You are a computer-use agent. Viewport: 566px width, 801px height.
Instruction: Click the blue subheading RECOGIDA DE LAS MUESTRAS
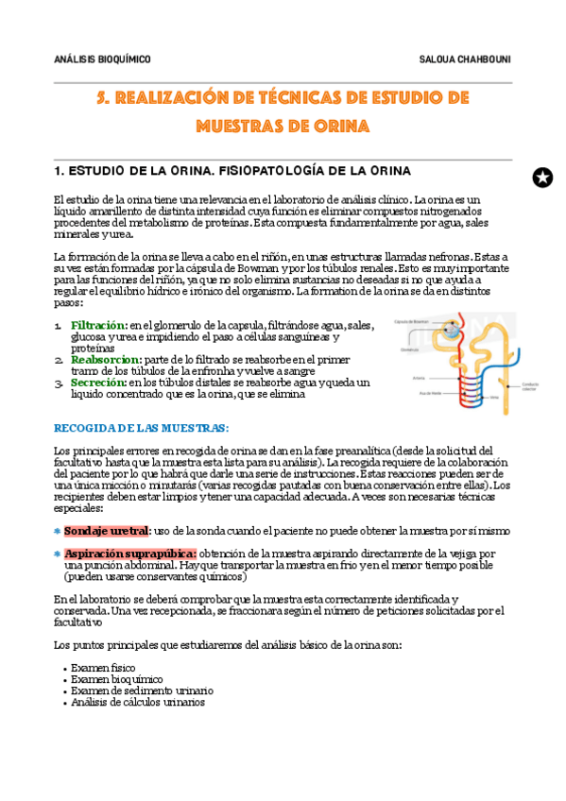point(141,428)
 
